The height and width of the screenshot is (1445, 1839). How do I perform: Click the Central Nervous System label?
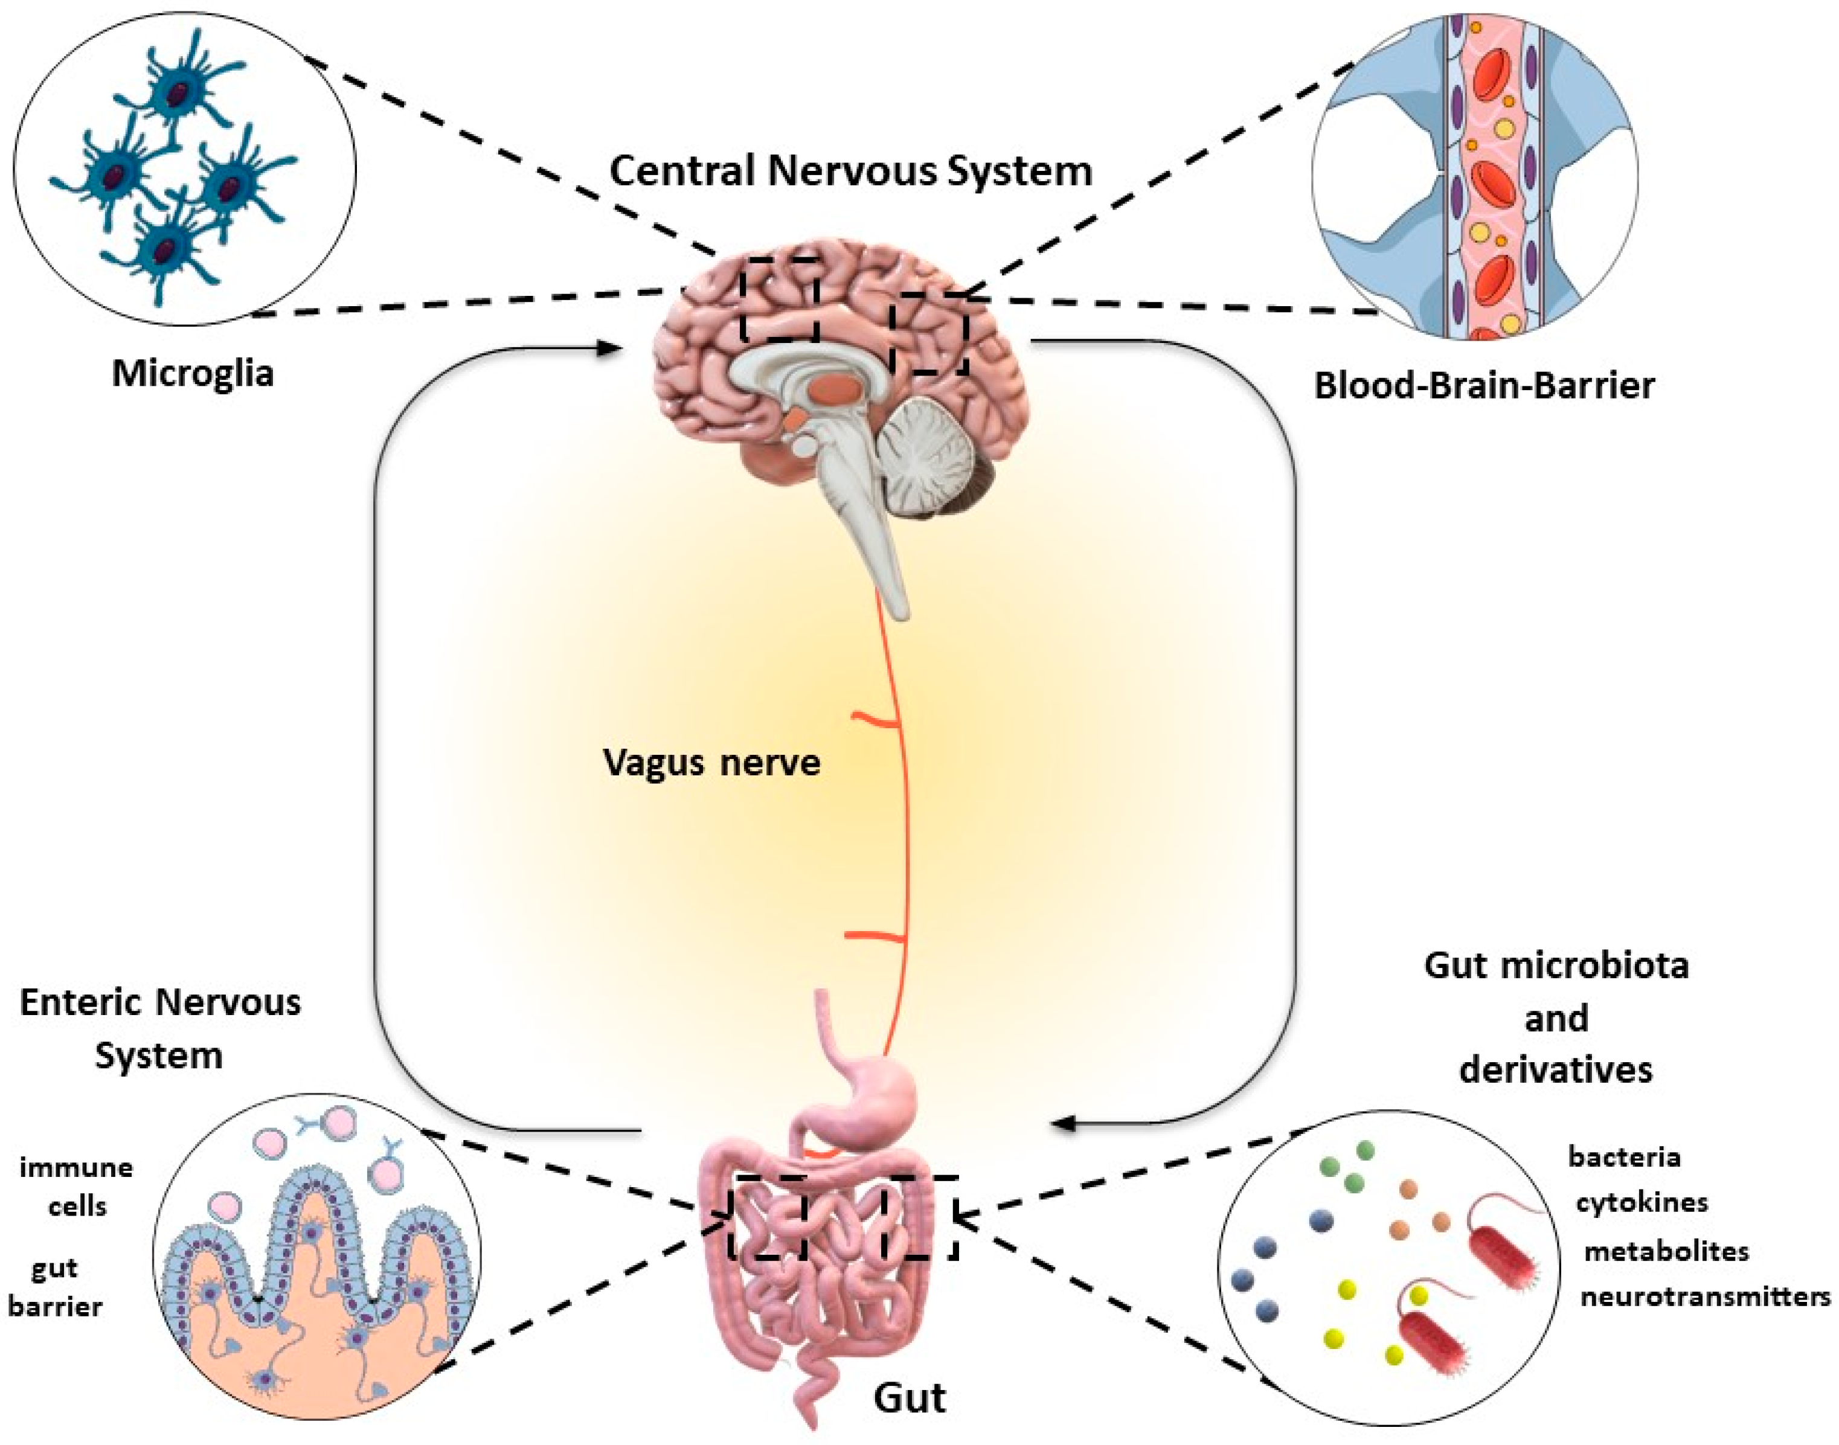(x=850, y=171)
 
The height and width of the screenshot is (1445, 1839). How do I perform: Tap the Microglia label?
(x=193, y=373)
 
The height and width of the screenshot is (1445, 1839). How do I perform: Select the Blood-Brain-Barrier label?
(x=1484, y=386)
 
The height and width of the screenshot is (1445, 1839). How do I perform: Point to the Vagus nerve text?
(x=711, y=762)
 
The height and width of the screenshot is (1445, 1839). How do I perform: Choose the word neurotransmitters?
(x=1704, y=1296)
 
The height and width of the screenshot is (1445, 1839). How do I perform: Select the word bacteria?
(x=1623, y=1156)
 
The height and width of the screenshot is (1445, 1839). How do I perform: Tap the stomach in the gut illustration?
(x=871, y=1108)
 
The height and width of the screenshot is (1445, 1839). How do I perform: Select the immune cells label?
(x=76, y=1186)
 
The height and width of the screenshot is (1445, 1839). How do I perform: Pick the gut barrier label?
(x=55, y=1287)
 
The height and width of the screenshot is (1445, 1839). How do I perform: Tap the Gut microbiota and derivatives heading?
(x=1556, y=1017)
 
